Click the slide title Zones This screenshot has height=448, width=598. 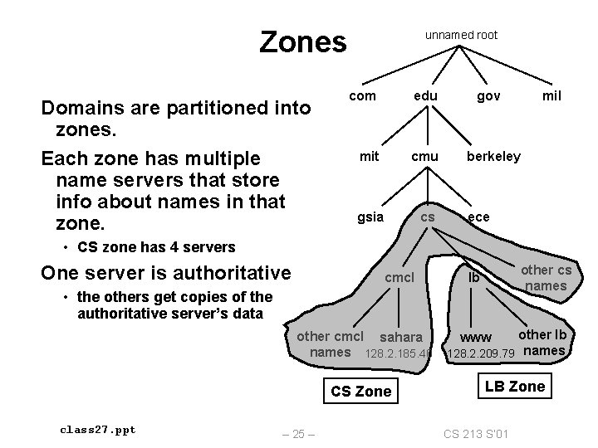pyautogui.click(x=302, y=41)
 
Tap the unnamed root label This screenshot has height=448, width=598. pyautogui.click(x=461, y=35)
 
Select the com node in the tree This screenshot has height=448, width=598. pyautogui.click(x=362, y=96)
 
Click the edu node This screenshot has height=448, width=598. pyautogui.click(x=426, y=96)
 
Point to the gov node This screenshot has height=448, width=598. pyautogui.click(x=488, y=96)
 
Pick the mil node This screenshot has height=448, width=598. pyautogui.click(x=551, y=96)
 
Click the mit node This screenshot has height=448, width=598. pyautogui.click(x=370, y=156)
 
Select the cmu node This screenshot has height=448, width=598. pyautogui.click(x=425, y=156)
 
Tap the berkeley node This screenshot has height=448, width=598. pyautogui.click(x=493, y=156)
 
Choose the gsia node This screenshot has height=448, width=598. pyautogui.click(x=370, y=217)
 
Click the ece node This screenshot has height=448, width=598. pyautogui.click(x=478, y=217)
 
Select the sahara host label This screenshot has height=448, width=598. pyautogui.click(x=401, y=338)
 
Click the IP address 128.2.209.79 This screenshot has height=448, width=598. pyautogui.click(x=482, y=353)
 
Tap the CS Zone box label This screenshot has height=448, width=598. pyautogui.click(x=360, y=391)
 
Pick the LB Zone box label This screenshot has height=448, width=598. pyautogui.click(x=515, y=386)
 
